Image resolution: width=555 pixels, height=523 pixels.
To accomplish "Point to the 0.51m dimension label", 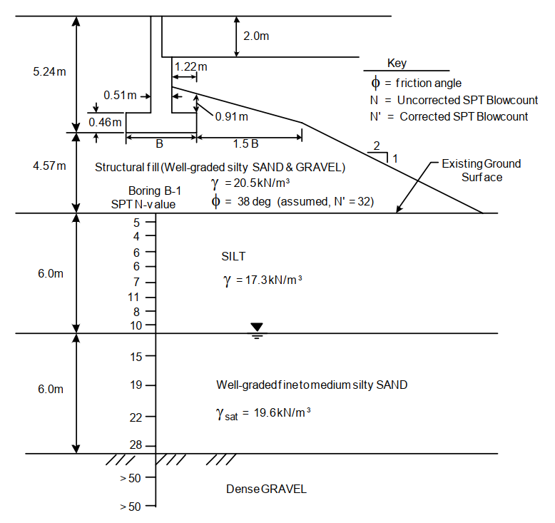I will coord(121,95).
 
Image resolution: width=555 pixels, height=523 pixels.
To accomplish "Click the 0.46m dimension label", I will coord(105,121).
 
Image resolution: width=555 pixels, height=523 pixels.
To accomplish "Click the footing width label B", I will coord(159,143).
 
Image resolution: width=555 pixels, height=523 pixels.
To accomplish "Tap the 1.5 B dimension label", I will coord(245,143).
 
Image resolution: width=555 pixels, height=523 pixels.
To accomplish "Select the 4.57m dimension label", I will coord(49,166).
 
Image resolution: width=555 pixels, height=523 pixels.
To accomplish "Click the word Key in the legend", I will coord(397,64).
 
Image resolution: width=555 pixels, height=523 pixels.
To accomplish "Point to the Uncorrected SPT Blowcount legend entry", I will coord(456,100).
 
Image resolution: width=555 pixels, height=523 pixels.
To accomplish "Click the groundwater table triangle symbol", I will coord(257,328).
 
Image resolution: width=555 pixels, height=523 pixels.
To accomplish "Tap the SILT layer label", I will coord(234,255).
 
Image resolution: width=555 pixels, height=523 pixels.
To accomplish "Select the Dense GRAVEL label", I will coord(266,489).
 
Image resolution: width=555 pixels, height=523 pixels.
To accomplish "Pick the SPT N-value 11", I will coord(133,296).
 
